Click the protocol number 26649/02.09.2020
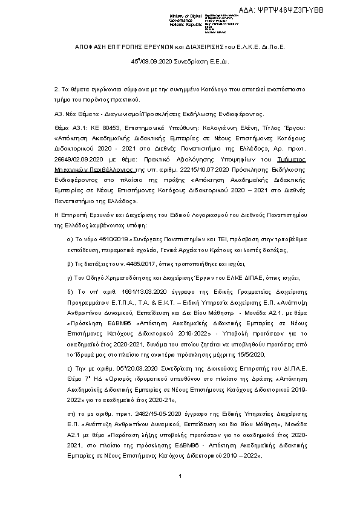click(79, 158)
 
